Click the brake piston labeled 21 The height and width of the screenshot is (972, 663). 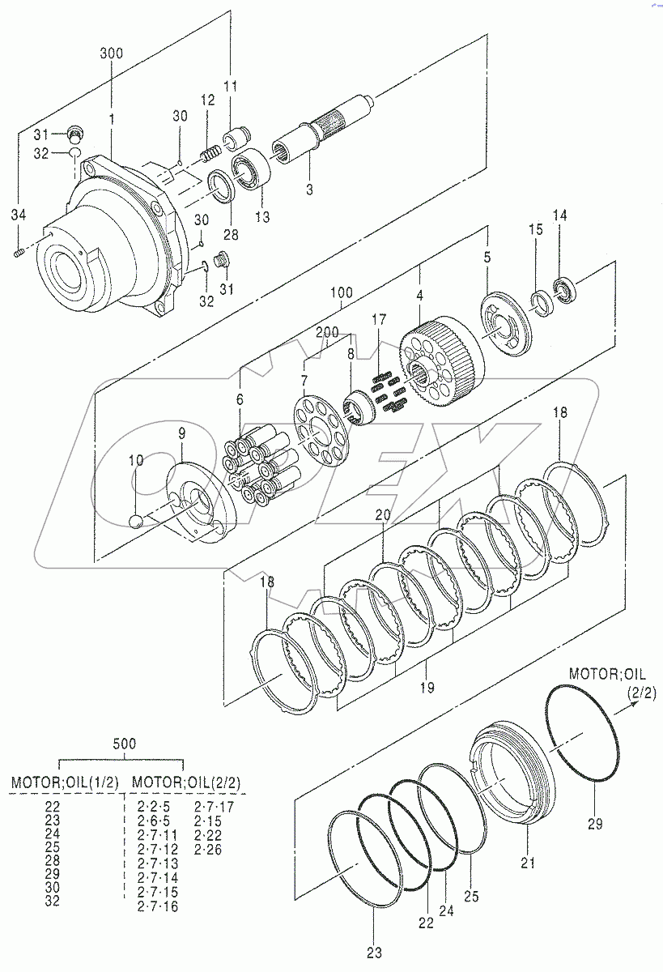[x=515, y=774]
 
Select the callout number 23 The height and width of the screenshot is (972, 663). [x=374, y=953]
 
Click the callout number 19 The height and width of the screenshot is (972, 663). [x=427, y=688]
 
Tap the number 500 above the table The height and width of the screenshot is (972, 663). [x=124, y=743]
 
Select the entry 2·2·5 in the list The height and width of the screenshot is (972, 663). [x=154, y=806]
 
